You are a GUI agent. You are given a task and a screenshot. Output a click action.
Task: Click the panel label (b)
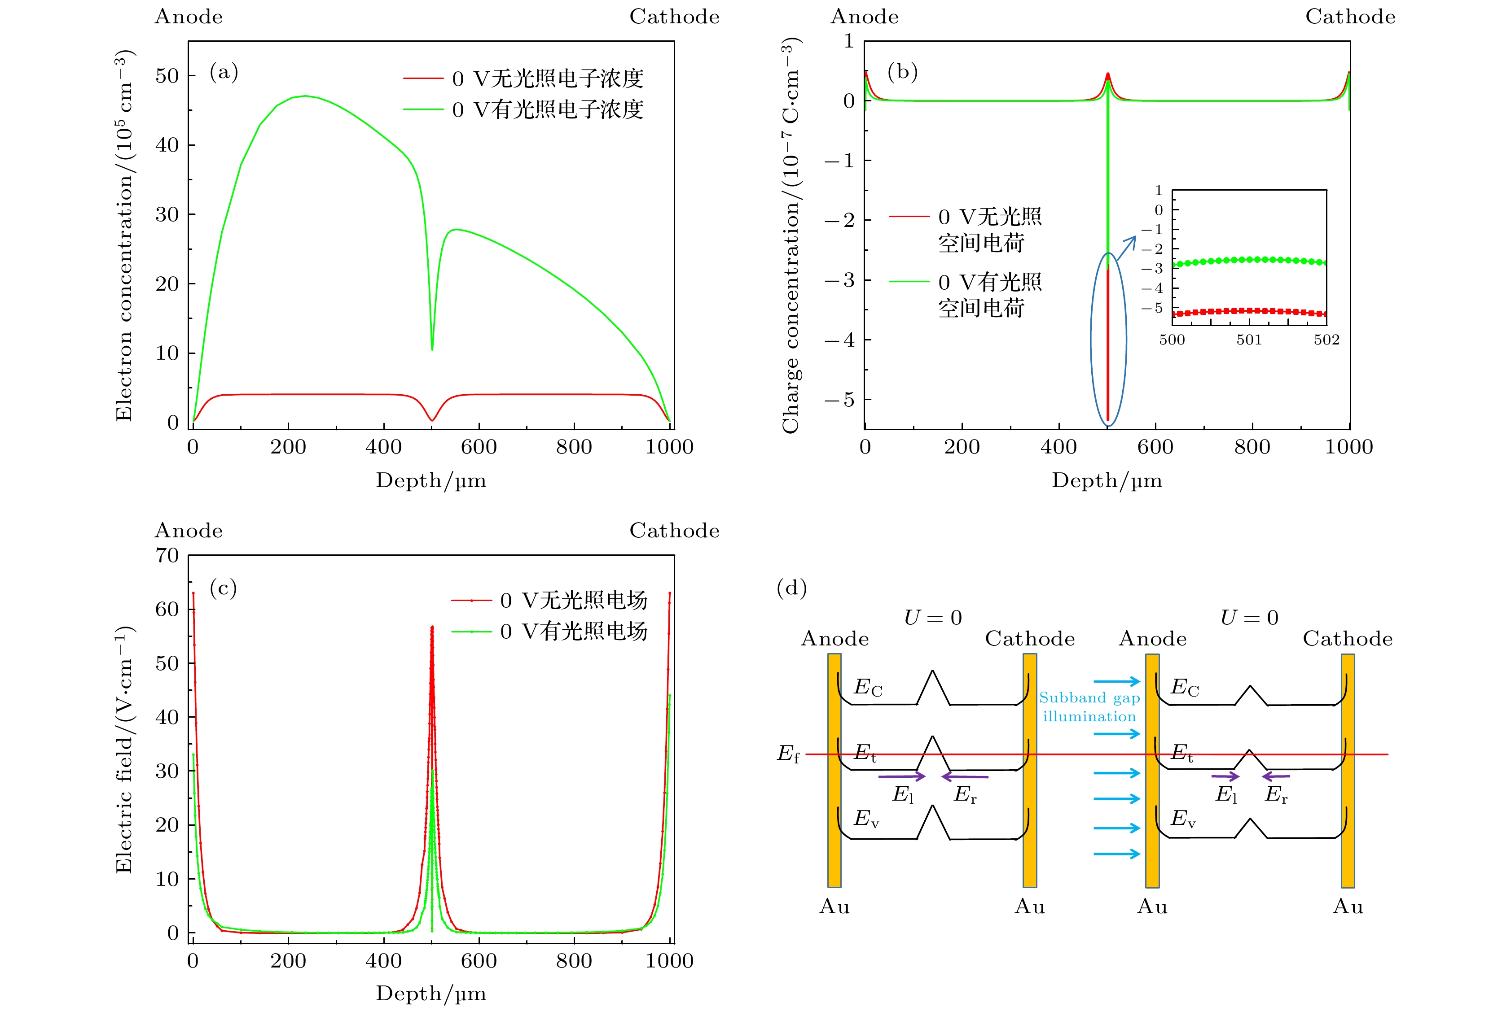click(902, 72)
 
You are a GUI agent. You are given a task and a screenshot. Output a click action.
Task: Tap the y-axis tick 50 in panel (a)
click(167, 76)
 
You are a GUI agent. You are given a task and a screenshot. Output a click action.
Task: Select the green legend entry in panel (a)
click(523, 109)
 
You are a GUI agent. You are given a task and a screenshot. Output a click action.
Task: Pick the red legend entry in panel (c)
click(549, 600)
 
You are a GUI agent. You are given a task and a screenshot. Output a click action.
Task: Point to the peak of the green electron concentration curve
click(305, 96)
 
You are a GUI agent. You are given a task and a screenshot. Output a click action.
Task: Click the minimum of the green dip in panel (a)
click(432, 349)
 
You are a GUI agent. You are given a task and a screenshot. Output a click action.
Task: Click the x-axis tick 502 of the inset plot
click(1326, 340)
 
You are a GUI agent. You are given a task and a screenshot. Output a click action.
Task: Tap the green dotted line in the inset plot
click(1249, 260)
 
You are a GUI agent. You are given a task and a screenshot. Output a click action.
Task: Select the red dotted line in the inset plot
click(1249, 311)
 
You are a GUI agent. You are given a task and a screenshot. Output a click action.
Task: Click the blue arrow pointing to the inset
click(1127, 248)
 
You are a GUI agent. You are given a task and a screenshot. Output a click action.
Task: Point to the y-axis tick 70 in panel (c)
click(167, 555)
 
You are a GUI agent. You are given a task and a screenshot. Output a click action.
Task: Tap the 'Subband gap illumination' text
click(1089, 707)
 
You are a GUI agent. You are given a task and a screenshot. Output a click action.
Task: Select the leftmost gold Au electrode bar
click(834, 771)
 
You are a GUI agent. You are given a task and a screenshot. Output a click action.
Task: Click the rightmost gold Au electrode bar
click(1347, 771)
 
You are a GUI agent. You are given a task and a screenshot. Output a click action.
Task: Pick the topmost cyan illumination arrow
click(1117, 681)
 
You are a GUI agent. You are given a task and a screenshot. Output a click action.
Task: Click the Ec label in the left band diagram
click(867, 687)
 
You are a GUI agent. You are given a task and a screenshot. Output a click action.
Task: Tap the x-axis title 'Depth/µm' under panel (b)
click(1107, 480)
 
